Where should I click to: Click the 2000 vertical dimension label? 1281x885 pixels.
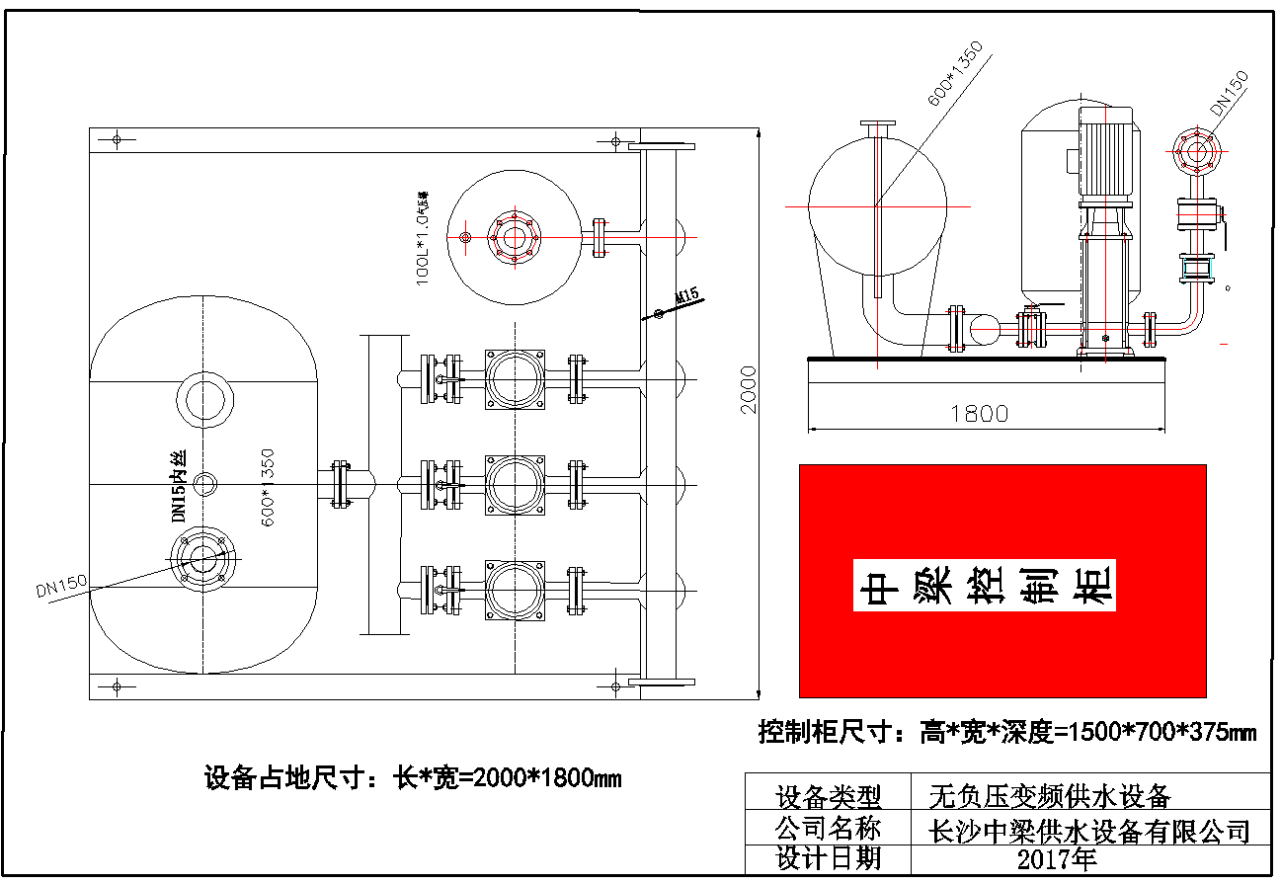coord(749,389)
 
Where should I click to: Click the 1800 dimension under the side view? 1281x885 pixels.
coord(979,413)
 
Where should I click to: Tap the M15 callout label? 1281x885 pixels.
coord(687,295)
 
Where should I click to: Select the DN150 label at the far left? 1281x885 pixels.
coord(61,589)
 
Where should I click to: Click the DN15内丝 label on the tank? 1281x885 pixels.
coord(179,487)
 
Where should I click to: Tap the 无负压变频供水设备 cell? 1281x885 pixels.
coord(1051,795)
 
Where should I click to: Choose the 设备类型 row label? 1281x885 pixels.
coord(828,796)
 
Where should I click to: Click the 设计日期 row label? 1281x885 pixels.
coord(828,857)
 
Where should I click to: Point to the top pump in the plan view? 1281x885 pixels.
coord(514,378)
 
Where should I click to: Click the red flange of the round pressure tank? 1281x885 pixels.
coord(514,237)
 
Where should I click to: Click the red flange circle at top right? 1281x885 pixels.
coord(1198,153)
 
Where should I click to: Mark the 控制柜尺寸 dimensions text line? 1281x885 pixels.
coord(1006,732)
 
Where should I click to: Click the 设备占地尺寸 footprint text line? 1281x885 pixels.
coord(413,777)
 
